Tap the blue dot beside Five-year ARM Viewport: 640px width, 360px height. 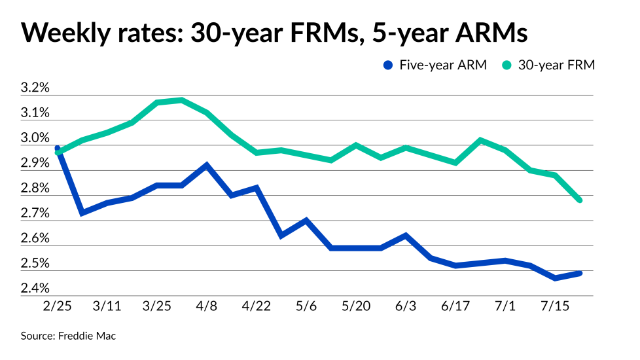387,65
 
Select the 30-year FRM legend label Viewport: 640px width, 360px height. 556,65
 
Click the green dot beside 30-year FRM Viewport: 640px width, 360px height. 507,65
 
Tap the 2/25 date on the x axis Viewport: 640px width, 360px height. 58,306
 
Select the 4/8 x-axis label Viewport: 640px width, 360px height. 207,306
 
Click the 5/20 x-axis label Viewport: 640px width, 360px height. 356,306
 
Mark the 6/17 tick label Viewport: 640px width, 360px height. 455,306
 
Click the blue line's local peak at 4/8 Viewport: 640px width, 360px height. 207,165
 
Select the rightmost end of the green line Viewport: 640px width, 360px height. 580,200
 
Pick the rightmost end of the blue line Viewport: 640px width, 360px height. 580,273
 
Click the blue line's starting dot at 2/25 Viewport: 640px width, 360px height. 58,149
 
